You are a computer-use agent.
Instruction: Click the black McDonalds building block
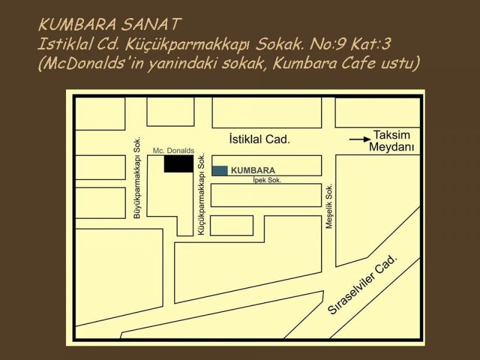(179, 164)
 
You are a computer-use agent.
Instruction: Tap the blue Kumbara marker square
(220, 170)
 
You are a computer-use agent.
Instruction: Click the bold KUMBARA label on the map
(253, 170)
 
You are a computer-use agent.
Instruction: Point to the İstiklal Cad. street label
(260, 139)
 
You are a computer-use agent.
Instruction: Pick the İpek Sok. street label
(266, 179)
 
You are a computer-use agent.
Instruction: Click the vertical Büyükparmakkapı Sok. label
(137, 178)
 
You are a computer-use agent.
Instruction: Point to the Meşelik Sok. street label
(329, 206)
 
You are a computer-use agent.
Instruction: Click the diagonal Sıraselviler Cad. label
(363, 284)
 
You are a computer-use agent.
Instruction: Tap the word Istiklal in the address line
(61, 44)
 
